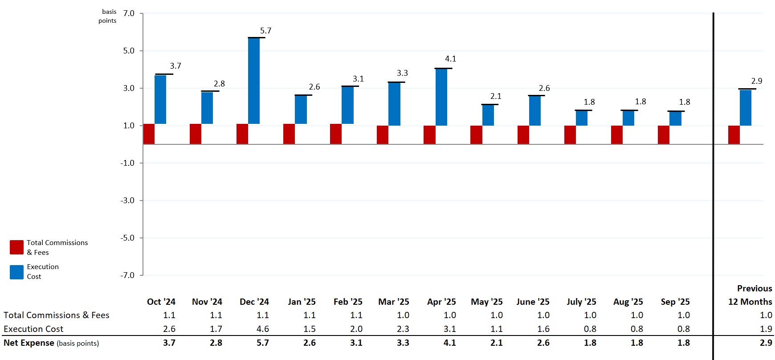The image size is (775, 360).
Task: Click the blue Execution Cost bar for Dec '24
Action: tap(254, 81)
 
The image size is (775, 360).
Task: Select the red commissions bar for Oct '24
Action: tap(149, 134)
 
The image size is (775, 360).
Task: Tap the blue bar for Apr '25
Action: tap(441, 97)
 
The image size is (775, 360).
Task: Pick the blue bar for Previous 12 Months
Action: tap(745, 108)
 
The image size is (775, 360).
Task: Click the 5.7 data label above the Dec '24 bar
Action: tap(265, 31)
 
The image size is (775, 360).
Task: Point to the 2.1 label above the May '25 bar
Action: tap(496, 96)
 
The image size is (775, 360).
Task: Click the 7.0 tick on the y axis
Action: tap(129, 13)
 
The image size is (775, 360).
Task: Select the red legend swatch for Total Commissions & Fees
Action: tap(16, 247)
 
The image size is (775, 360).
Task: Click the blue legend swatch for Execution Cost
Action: tap(16, 272)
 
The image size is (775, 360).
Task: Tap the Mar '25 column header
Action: tap(393, 302)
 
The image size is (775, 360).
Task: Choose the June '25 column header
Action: tap(533, 302)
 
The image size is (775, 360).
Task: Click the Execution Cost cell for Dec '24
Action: tap(262, 329)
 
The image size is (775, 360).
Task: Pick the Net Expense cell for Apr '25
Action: tap(449, 343)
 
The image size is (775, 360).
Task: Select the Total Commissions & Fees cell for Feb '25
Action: tap(356, 315)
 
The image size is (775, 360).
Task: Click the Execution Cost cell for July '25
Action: tap(590, 329)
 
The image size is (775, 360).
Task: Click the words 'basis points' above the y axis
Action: tap(108, 16)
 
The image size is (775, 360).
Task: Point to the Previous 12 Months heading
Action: tap(751, 295)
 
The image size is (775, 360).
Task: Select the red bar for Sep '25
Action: tap(663, 135)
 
